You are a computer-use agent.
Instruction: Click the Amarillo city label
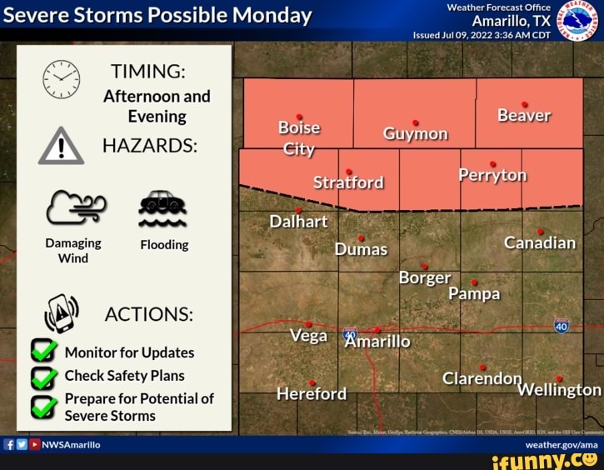tap(377, 342)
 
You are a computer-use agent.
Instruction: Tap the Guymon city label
tap(415, 134)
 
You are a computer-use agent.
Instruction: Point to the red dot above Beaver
tap(524, 104)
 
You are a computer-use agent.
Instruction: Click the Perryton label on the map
tap(492, 175)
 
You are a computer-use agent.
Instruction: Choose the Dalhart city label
tap(298, 222)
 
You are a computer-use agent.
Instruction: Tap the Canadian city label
tap(540, 242)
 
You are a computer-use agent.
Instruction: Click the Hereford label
tap(312, 393)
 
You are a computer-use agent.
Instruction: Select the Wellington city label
tap(558, 389)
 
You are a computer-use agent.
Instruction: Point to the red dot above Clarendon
tap(482, 367)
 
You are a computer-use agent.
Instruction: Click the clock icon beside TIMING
tap(61, 80)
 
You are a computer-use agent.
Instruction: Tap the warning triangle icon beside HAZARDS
tap(61, 147)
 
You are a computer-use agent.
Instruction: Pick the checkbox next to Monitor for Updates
tap(43, 352)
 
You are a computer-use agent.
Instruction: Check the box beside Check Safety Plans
tap(43, 377)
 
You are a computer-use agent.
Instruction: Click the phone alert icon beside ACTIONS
tap(61, 313)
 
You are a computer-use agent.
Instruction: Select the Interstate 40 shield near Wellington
tap(562, 326)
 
